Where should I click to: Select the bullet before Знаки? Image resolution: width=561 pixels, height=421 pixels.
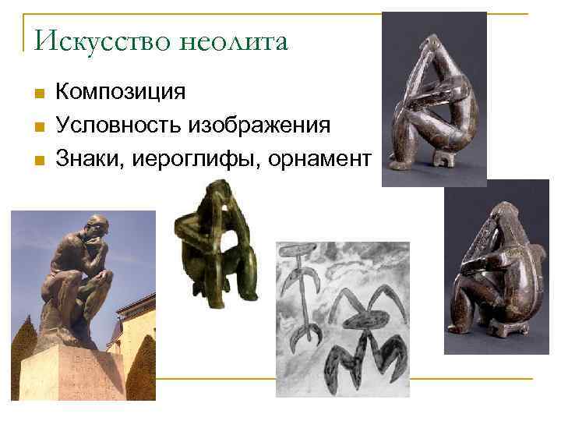37,161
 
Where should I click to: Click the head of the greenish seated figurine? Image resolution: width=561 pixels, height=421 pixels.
213,195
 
